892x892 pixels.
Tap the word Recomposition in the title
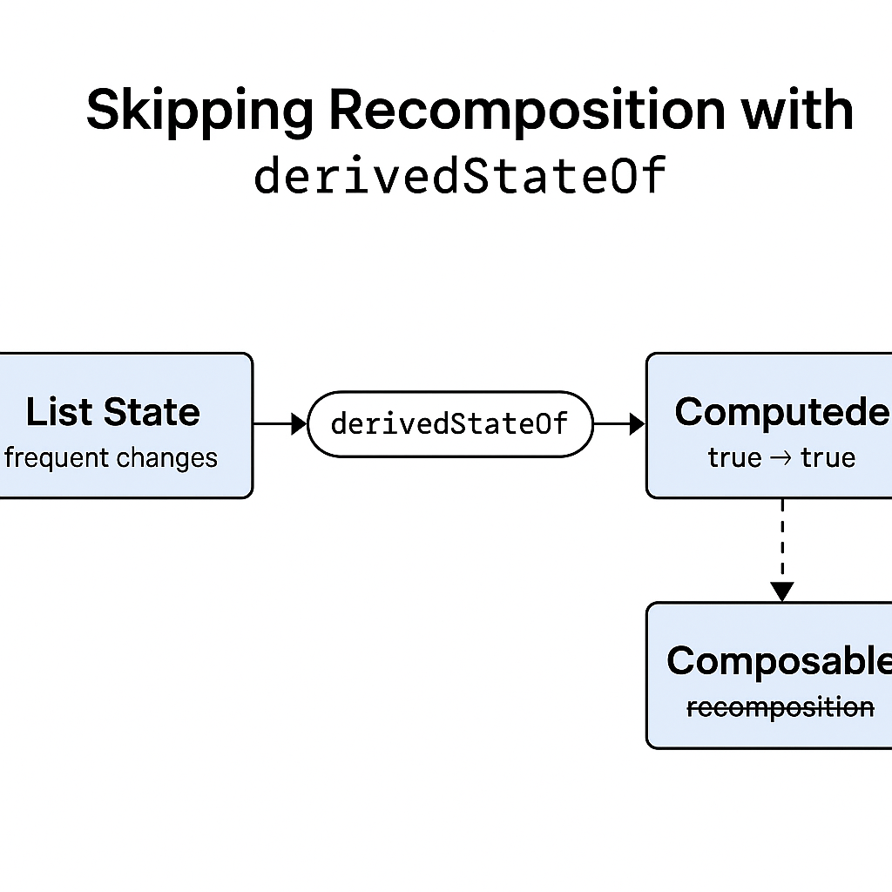[527, 111]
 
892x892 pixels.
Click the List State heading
[112, 412]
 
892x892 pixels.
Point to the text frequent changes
[111, 457]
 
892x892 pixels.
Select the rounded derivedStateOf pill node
[449, 424]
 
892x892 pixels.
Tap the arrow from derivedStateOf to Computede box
[618, 424]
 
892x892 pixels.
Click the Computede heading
[780, 412]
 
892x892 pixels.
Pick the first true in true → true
[734, 457]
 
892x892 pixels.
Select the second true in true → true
[828, 457]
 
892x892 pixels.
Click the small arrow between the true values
[781, 457]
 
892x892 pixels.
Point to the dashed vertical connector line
[782, 540]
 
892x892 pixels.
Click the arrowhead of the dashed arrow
[782, 592]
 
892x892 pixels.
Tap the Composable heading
[779, 661]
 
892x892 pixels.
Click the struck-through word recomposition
[780, 707]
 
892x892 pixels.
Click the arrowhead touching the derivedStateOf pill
[301, 424]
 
